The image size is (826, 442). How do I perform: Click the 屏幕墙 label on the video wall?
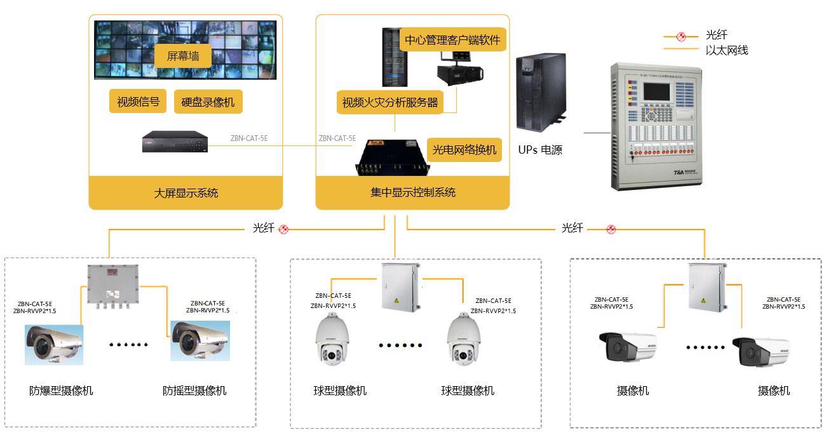[x=183, y=56]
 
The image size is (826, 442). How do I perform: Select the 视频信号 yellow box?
[x=138, y=101]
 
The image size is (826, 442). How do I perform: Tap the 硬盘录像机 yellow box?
[x=208, y=102]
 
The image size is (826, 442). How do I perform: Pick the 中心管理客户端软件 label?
[x=452, y=41]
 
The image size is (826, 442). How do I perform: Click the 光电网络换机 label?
[x=464, y=150]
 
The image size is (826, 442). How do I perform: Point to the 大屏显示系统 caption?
[x=186, y=192]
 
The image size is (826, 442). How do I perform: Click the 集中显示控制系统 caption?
[x=413, y=192]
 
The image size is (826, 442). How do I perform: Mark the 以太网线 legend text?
[x=726, y=50]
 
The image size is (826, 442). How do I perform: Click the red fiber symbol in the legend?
[x=681, y=36]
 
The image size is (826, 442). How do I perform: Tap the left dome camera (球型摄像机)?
[x=332, y=340]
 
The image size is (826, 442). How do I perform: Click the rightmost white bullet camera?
[x=761, y=351]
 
